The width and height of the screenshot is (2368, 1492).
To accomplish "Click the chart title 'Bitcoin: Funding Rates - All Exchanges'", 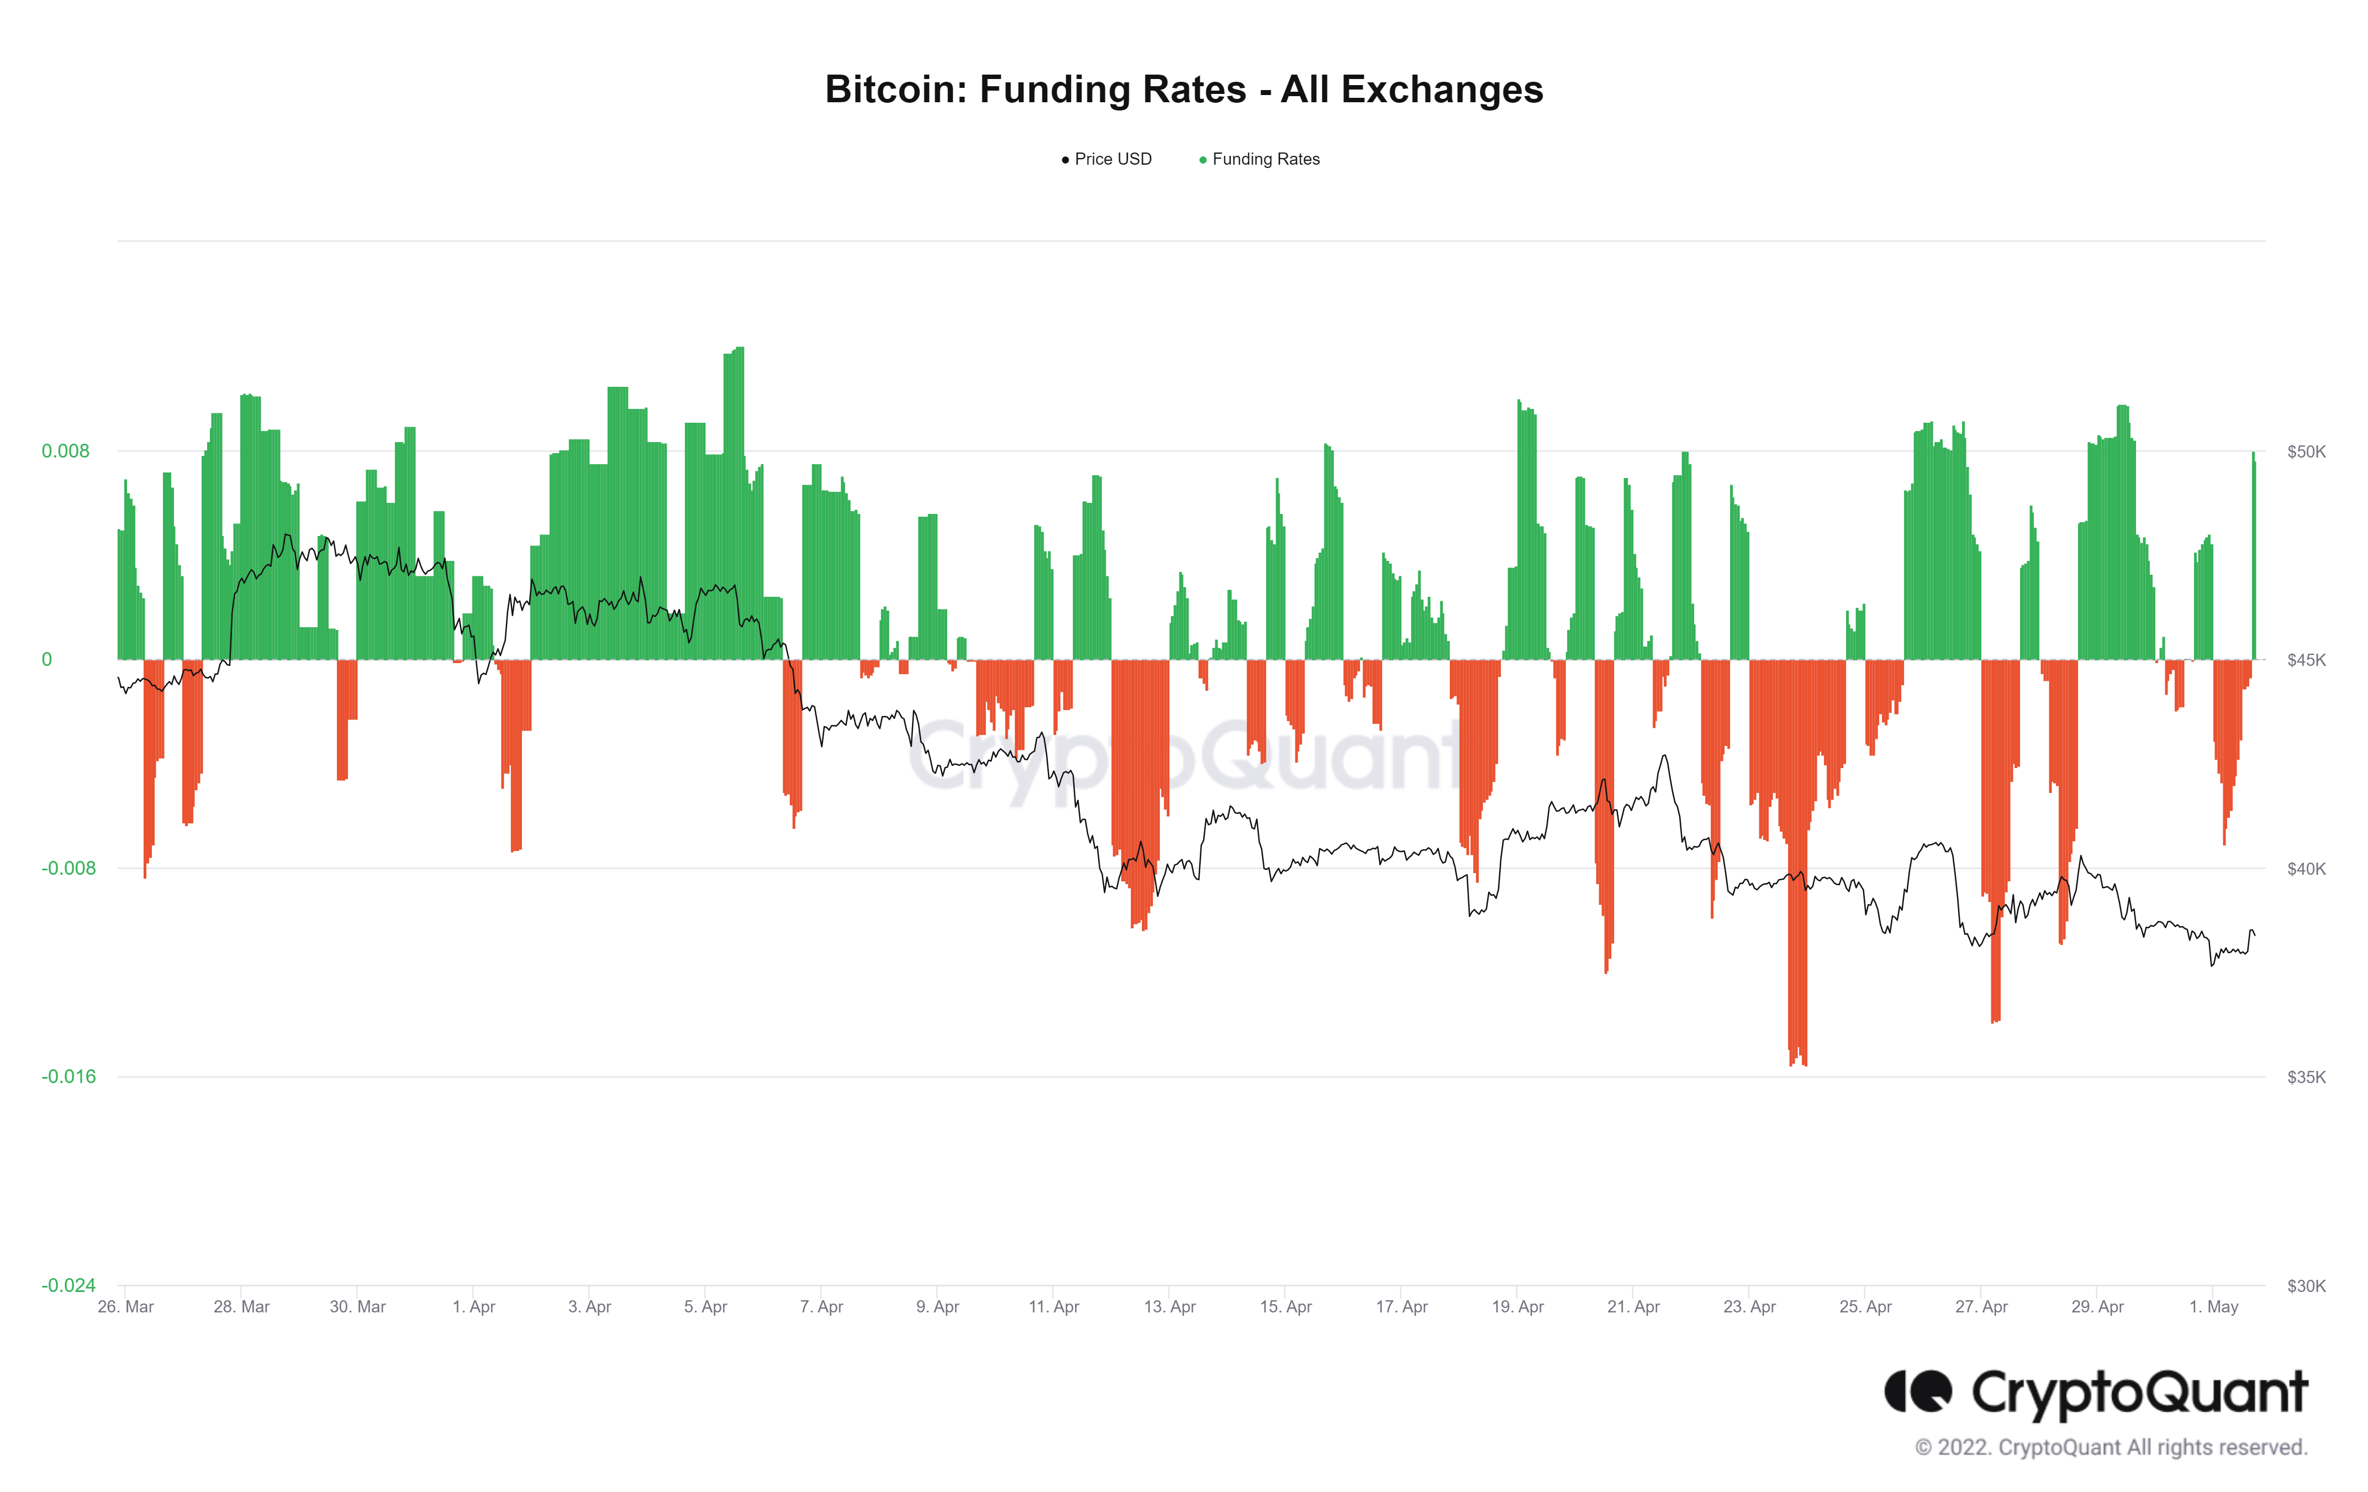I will (x=1183, y=90).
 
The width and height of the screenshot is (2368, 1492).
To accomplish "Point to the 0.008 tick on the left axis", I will (x=65, y=451).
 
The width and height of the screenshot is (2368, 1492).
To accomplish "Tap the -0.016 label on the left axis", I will (x=69, y=1077).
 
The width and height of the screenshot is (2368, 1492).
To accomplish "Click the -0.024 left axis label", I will (x=69, y=1285).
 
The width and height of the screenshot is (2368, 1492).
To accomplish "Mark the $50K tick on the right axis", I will (x=2306, y=451).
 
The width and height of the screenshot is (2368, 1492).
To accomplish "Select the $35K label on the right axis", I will (x=2306, y=1077).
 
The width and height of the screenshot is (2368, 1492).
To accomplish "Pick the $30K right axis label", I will (x=2306, y=1285).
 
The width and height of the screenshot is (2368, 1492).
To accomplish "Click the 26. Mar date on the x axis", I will (x=126, y=1307).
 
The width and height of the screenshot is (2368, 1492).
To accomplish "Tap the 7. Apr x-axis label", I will (x=821, y=1307).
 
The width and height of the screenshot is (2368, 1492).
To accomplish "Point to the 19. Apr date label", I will (x=1517, y=1307).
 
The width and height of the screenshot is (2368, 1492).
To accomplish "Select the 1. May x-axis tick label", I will (x=2213, y=1307).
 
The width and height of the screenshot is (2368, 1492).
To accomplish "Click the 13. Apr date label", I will (x=1169, y=1307).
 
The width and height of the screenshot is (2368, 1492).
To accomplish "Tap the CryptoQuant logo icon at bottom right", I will (x=1917, y=1391).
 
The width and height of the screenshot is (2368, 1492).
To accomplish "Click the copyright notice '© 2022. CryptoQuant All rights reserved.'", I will (x=2111, y=1448).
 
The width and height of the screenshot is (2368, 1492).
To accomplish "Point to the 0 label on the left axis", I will (x=46, y=660).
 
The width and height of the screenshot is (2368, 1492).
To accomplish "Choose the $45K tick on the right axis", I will (x=2306, y=660).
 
